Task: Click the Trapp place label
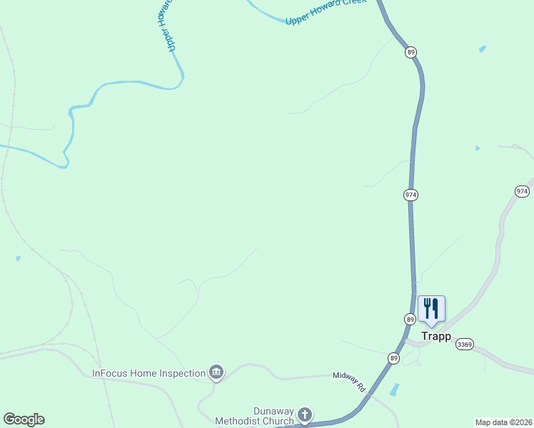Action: tap(435, 337)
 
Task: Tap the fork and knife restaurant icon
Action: tap(431, 309)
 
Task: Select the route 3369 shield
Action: tap(465, 344)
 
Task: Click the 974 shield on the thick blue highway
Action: tap(410, 195)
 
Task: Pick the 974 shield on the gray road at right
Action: tap(522, 191)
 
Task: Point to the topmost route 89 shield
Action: tap(410, 52)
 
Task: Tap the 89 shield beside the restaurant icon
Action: tap(410, 319)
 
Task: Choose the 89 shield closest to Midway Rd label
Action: tap(393, 358)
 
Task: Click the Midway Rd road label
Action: tap(349, 381)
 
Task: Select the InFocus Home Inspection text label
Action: tap(149, 373)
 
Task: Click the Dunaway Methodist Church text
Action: tap(273, 416)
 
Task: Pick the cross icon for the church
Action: tap(305, 415)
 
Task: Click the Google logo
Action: tap(24, 419)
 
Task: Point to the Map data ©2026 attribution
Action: tap(503, 422)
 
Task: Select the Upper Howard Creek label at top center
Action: tap(326, 12)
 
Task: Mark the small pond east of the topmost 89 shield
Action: tap(483, 49)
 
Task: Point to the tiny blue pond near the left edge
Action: tap(18, 258)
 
